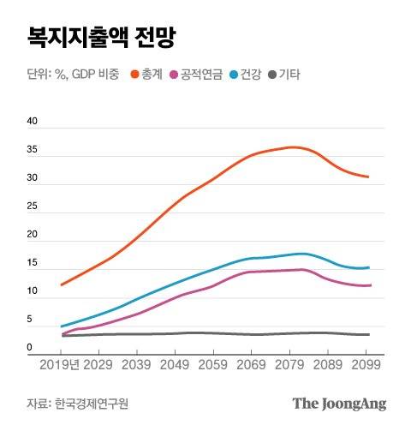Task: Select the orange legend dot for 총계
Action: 134,75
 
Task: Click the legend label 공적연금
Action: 202,75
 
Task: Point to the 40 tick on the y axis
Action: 33,122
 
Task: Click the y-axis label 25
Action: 33,207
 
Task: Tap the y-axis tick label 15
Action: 33,263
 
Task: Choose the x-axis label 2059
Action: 212,363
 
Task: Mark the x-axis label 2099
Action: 366,363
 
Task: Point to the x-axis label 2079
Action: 289,363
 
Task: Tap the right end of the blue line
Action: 368,267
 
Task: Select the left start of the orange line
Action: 62,284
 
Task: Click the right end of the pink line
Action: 369,285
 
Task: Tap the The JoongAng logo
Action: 339,403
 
